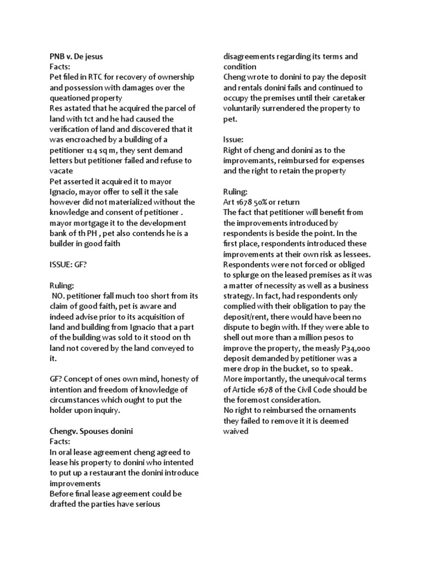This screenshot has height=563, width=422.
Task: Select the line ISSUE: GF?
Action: click(x=68, y=264)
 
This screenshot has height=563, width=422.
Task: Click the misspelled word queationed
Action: click(x=71, y=98)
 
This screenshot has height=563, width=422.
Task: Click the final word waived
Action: click(x=236, y=432)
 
